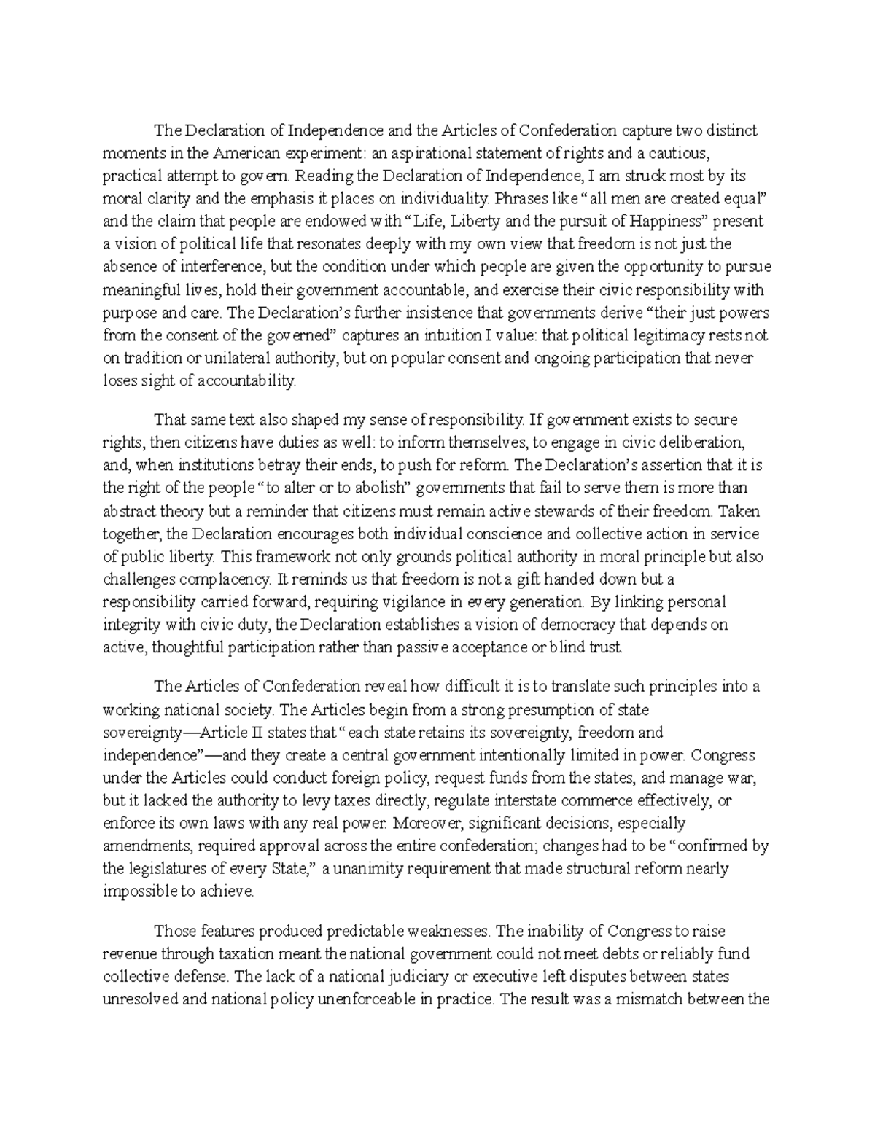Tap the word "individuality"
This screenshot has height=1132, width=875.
[441, 199]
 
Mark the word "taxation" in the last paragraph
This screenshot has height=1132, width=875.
[289, 953]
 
